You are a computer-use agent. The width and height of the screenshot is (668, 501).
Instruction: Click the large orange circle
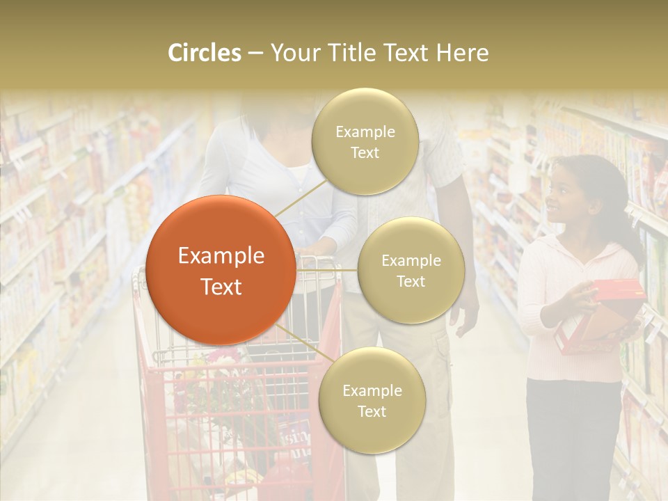click(221, 270)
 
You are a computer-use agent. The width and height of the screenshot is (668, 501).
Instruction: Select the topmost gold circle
click(365, 141)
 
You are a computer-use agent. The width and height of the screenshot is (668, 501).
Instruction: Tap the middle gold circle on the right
click(411, 270)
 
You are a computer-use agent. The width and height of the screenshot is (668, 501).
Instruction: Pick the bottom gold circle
click(372, 401)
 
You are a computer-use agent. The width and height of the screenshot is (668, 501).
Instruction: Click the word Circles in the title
click(205, 53)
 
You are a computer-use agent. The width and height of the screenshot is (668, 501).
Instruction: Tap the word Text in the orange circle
click(221, 287)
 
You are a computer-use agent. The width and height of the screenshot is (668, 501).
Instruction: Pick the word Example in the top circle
click(365, 132)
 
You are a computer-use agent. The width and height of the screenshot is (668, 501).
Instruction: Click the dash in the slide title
click(255, 54)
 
